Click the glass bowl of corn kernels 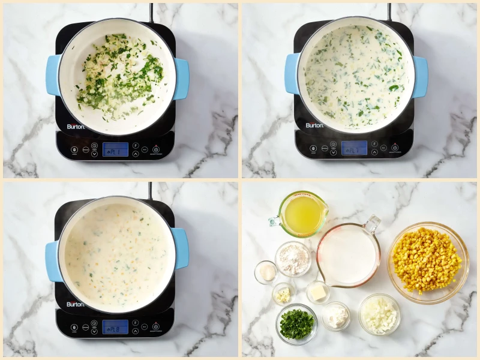pyautogui.click(x=428, y=262)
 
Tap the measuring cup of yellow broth pyautogui.click(x=303, y=214)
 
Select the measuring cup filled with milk pyautogui.click(x=349, y=255)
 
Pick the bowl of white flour pyautogui.click(x=293, y=259)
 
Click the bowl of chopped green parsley pyautogui.click(x=296, y=323)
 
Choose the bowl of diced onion pyautogui.click(x=379, y=314)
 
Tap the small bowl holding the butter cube pyautogui.click(x=318, y=292)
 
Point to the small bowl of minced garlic pyautogui.click(x=283, y=293)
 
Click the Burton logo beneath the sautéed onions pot pyautogui.click(x=76, y=127)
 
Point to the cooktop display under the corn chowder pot pyautogui.click(x=115, y=327)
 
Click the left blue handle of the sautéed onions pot pyautogui.click(x=53, y=75)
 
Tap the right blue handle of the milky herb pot pyautogui.click(x=420, y=76)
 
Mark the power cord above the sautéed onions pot pyautogui.click(x=151, y=12)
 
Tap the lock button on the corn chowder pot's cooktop pyautogui.click(x=74, y=328)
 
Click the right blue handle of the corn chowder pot pyautogui.click(x=180, y=248)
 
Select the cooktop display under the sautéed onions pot pyautogui.click(x=115, y=149)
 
